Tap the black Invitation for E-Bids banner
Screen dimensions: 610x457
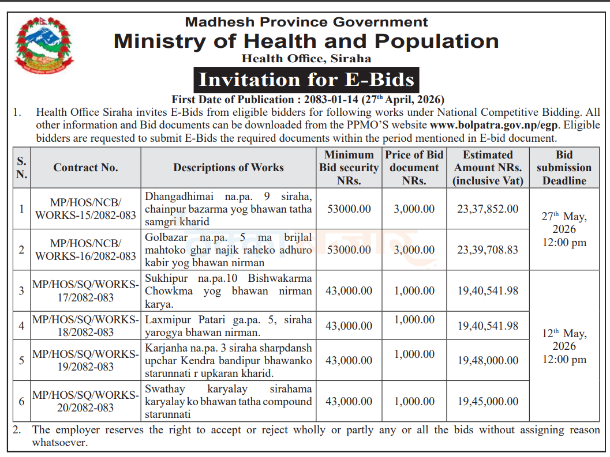306,80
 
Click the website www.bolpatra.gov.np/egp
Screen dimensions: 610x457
494,125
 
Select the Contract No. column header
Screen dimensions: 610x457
85,168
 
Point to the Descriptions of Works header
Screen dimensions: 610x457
229,168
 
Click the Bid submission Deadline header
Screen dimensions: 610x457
564,168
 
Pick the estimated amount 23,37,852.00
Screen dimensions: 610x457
488,209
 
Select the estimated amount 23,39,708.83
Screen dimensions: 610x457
488,250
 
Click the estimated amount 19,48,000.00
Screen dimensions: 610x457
488,361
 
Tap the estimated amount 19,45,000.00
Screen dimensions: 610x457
488,402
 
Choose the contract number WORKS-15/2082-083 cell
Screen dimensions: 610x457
85,209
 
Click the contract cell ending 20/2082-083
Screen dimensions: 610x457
85,401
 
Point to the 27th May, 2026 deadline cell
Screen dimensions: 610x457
564,229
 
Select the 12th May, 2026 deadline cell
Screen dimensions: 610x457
564,346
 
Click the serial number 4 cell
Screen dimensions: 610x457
21,326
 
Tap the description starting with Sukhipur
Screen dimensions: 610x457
229,291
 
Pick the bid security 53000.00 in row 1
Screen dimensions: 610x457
349,209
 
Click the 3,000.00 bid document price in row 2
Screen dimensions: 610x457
414,250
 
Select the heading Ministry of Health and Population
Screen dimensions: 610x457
306,41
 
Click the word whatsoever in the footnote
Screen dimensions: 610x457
60,443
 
